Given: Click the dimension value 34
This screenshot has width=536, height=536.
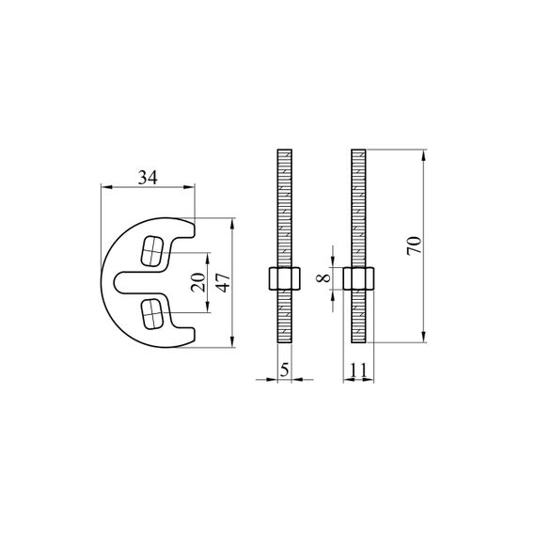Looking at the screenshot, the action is tap(148, 178).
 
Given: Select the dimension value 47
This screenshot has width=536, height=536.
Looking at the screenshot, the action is tap(224, 282).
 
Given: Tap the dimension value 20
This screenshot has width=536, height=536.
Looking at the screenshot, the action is tap(198, 282).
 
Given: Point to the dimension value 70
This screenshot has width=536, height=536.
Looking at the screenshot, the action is tap(415, 245).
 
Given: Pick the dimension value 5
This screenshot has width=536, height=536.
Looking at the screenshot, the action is tap(284, 370).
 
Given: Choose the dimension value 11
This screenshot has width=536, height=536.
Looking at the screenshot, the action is tap(358, 370).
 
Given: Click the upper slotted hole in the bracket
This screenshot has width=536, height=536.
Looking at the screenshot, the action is tap(151, 250).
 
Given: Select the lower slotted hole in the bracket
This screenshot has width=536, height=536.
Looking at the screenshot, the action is tap(151, 314).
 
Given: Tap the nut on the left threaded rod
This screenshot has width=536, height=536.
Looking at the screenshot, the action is tap(284, 278).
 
